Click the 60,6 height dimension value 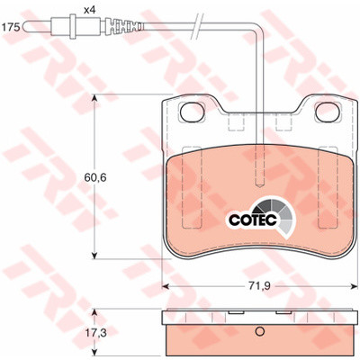tap(94, 177)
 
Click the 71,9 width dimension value tap(259, 286)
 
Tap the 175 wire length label tap(11, 27)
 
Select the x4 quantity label tap(89, 11)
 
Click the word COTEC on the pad tap(253, 220)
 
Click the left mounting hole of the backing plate tap(192, 112)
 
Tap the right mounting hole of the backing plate tap(328, 112)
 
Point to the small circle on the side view tap(260, 331)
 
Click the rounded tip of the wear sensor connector tap(26, 27)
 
